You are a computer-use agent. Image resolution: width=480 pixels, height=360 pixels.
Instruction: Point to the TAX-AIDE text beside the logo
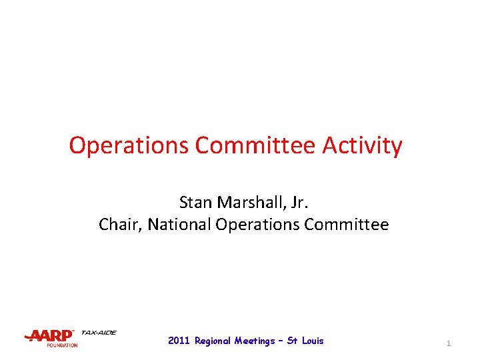(99, 332)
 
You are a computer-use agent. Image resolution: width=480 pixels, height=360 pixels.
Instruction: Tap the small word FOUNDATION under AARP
(62, 345)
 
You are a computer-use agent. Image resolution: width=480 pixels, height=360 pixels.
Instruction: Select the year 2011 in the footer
(179, 341)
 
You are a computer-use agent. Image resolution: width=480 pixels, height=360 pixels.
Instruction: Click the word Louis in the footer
(313, 341)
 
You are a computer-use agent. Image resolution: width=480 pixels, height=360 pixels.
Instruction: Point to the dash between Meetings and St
(281, 341)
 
